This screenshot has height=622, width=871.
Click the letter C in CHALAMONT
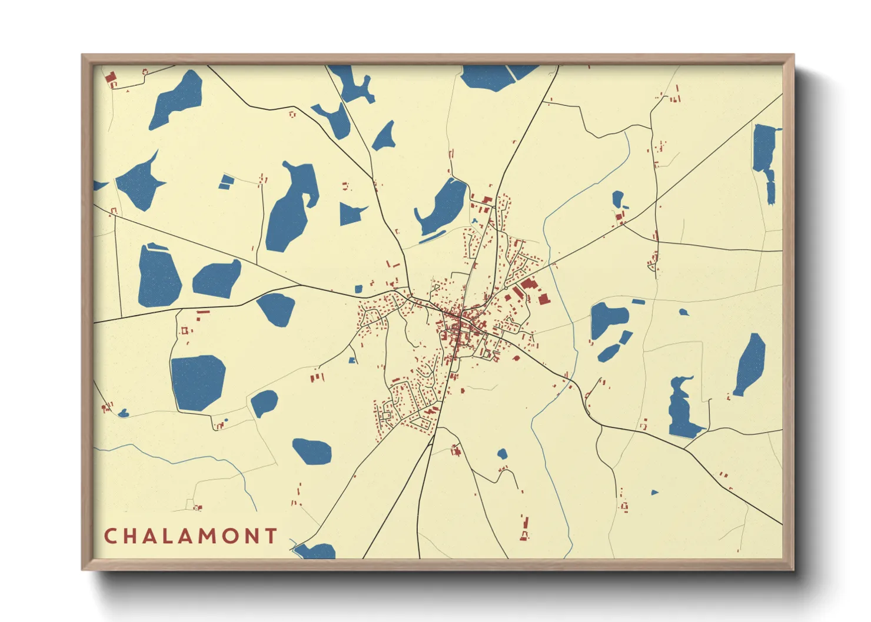click(110, 536)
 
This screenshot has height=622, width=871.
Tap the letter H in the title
click(131, 536)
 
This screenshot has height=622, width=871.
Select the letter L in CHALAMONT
click(172, 536)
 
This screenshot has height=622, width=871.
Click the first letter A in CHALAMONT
click(152, 536)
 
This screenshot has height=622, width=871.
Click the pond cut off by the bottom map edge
click(315, 551)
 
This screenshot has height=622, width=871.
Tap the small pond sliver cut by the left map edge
click(99, 186)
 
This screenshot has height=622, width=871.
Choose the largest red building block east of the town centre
click(543, 298)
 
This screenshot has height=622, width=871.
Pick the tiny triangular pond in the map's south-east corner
click(654, 492)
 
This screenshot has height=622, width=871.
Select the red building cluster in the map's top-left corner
click(110, 79)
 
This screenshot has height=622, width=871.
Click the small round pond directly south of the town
click(502, 453)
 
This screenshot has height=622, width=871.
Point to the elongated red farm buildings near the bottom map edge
click(524, 527)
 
